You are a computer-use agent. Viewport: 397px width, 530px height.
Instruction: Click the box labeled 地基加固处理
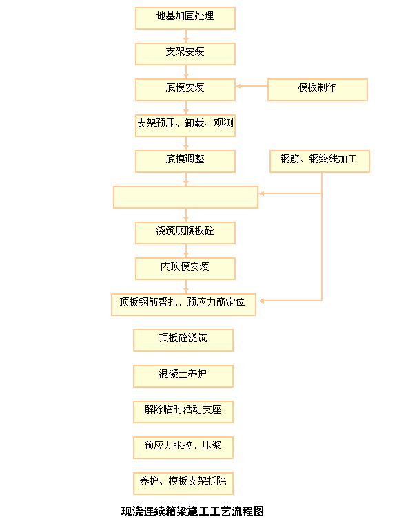click(185, 19)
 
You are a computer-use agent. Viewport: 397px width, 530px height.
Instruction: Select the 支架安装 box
click(185, 54)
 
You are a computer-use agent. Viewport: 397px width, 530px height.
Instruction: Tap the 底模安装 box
click(185, 90)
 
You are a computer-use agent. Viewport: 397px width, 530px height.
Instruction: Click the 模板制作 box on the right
click(318, 90)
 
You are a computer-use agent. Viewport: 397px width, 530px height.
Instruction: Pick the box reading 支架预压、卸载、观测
click(185, 126)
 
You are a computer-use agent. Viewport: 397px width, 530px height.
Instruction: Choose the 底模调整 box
click(185, 162)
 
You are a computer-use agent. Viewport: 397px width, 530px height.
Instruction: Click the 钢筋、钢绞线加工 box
click(320, 162)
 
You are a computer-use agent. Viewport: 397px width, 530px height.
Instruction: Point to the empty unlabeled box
click(185, 198)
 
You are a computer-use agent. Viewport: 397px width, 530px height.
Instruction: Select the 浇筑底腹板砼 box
click(185, 233)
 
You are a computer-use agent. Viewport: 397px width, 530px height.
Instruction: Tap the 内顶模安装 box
click(185, 269)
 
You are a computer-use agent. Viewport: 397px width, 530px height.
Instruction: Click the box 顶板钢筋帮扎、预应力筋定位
click(183, 305)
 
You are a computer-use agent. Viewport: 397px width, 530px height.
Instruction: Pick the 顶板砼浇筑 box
click(183, 341)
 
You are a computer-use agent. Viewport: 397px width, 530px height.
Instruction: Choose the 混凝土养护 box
click(183, 377)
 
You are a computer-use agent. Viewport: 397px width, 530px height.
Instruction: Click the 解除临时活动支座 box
click(183, 412)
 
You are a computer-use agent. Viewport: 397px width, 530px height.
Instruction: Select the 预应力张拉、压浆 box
click(183, 448)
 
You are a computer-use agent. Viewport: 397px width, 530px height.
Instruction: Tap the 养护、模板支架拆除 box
click(183, 484)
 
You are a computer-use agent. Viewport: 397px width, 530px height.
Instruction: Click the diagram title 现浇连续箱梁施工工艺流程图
click(192, 511)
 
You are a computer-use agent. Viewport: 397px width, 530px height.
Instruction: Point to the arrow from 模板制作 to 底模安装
click(252, 87)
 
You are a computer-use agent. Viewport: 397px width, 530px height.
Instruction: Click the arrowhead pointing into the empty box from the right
click(261, 193)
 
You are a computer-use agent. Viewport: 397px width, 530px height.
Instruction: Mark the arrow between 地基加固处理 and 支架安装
click(186, 36)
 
